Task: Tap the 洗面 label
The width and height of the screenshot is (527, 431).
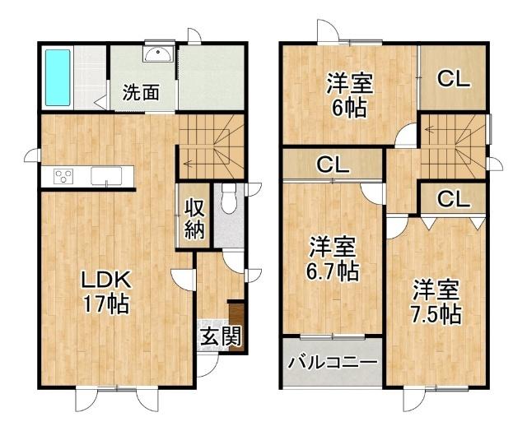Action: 141,92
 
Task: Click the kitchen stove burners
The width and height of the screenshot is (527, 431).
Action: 63,175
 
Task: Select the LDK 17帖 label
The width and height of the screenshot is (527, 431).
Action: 104,291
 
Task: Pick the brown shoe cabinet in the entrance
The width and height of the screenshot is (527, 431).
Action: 237,328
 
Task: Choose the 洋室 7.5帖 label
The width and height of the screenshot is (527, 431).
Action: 436,302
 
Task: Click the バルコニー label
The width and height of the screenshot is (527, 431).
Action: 333,363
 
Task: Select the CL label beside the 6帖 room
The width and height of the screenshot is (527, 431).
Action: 453,79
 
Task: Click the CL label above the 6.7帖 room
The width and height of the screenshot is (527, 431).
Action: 333,165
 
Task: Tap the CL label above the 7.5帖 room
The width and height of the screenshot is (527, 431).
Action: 453,199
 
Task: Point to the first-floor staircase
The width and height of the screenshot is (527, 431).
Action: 211,146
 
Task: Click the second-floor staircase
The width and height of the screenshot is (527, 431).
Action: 453,145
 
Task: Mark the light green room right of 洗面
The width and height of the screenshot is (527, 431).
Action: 211,76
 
